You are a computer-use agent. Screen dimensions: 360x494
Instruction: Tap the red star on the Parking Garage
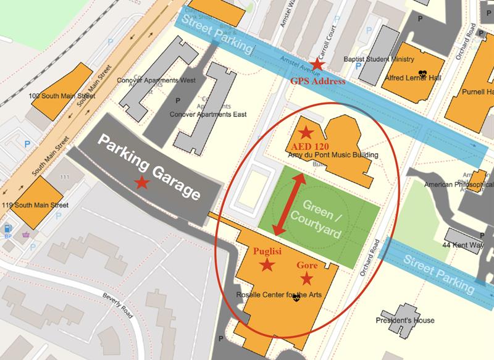point(142,182)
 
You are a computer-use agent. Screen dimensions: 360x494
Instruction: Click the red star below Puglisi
point(267,266)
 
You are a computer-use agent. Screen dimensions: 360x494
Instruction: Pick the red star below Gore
point(307,278)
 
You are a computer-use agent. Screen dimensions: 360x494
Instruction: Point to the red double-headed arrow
point(288,204)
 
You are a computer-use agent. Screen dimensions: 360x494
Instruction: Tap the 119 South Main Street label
point(41,204)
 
